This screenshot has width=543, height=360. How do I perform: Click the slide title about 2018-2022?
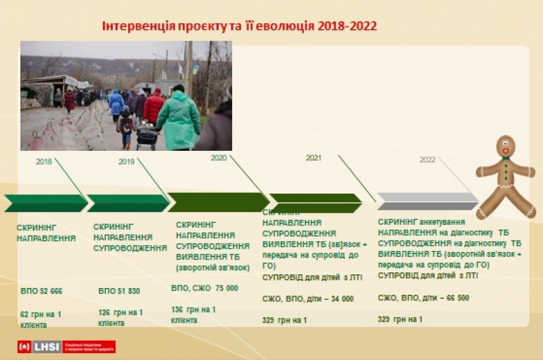239,26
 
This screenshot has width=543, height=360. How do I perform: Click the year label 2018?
44,162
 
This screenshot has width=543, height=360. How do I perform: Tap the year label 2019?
127,162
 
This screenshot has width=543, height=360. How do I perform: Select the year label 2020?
219,158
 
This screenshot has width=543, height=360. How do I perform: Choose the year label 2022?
428,160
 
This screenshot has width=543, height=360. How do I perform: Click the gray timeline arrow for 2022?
428,201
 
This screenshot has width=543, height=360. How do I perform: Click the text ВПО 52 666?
41,291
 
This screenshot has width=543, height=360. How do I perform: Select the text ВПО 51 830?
119,291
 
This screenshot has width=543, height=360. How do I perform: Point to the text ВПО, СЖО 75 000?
205,288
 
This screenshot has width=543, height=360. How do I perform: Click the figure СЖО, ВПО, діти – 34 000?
307,298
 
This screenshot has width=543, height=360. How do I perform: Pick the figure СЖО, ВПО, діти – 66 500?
424,298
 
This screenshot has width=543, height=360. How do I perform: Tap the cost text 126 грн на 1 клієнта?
120,317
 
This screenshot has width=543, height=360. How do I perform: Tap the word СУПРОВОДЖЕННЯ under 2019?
130,248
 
